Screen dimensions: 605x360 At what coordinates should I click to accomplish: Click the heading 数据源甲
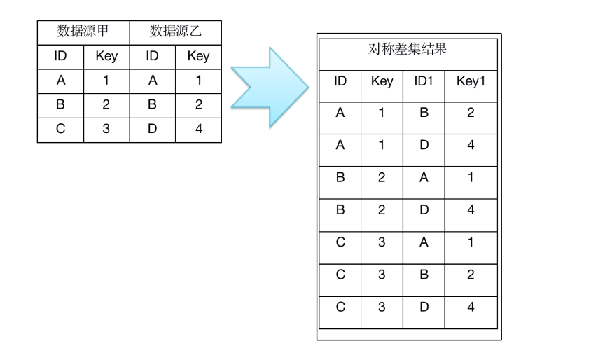pos(83,31)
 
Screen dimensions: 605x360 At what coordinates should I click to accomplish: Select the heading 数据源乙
pos(176,31)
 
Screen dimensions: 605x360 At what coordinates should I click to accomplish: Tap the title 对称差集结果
pos(408,49)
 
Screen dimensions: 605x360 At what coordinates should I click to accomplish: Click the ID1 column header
pos(424,81)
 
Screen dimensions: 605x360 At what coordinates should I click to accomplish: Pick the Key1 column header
pos(471,81)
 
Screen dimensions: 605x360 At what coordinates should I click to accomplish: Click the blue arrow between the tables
pos(270,88)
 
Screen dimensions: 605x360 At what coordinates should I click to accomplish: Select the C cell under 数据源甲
pos(61,128)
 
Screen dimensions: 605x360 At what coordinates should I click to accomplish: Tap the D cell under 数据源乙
pos(153,128)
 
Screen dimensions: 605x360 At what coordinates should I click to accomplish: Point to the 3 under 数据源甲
pos(106,128)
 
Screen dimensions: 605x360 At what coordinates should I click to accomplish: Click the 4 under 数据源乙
pos(199,128)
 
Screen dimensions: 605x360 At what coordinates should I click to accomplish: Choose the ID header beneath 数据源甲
pos(61,56)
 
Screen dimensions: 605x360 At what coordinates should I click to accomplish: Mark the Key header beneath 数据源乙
pos(198,56)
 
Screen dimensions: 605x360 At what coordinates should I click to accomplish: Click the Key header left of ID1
pos(382,81)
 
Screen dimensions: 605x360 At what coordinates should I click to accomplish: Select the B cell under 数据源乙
pos(153,104)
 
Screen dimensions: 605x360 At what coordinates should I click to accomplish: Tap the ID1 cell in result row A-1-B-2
pos(424,112)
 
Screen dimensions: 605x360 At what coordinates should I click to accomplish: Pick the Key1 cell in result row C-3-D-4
pos(471,307)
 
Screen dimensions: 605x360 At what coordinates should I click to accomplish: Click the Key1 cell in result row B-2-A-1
pos(471,177)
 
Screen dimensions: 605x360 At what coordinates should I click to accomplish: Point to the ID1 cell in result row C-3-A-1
pos(424,242)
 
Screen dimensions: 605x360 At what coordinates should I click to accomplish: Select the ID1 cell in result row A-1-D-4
pos(424,145)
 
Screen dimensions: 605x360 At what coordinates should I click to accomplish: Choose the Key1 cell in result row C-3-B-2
pos(471,275)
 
